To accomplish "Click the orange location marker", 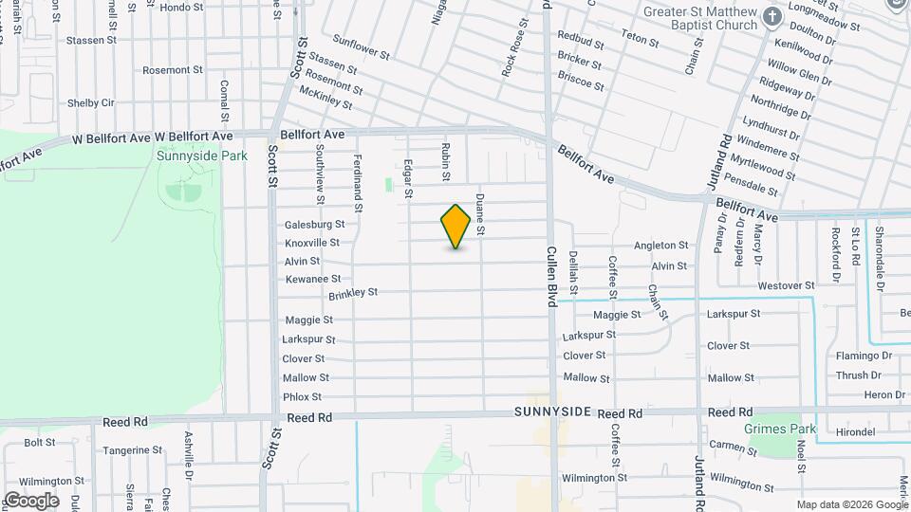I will click(456, 227).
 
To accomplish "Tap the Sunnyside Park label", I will click(188, 155).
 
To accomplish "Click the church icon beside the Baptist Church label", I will click(772, 16).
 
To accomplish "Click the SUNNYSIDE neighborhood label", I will click(553, 412).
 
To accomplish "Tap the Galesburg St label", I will click(314, 225).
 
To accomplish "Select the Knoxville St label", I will click(312, 243).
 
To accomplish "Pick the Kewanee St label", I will click(312, 279).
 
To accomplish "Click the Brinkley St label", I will click(353, 294).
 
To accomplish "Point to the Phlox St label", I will click(303, 396).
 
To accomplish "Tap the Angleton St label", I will click(660, 246).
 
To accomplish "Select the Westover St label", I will click(787, 285).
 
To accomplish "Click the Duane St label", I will click(480, 215).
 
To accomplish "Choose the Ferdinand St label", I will click(359, 176).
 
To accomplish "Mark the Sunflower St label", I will click(362, 47).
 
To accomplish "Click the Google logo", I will click(31, 500).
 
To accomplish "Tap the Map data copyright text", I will click(850, 503).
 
